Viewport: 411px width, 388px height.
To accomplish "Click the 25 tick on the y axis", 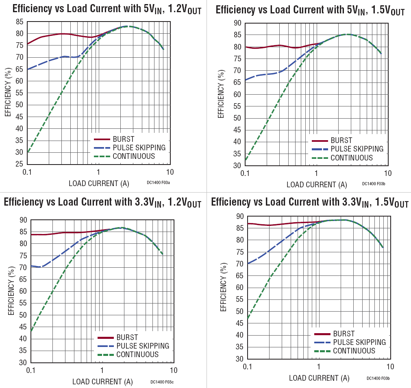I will [19, 164].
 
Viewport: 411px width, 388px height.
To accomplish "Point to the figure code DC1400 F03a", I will [158, 183].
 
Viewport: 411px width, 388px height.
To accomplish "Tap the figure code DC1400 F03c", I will [162, 382].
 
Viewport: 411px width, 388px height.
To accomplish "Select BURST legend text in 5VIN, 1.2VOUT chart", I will [123, 139].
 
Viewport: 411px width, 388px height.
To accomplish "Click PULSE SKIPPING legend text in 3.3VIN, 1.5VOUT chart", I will [359, 342].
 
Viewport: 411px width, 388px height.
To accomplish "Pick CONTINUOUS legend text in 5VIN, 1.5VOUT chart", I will [351, 158].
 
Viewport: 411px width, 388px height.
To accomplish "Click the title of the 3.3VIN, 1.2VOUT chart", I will [102, 203].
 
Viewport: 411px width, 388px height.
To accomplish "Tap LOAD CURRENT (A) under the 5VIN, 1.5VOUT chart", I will [317, 184].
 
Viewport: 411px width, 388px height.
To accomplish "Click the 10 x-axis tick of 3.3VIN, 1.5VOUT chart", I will [390, 367].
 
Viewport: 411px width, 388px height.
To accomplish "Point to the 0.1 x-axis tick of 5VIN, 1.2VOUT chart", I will [27, 172].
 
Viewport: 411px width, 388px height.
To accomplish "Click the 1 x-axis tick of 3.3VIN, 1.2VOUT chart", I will [102, 371].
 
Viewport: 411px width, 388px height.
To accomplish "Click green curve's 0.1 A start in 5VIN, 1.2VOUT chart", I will [27, 152].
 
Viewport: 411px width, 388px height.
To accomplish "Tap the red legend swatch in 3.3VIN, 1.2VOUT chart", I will [106, 338].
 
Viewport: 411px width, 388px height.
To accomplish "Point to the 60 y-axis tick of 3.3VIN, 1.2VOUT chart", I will [24, 291].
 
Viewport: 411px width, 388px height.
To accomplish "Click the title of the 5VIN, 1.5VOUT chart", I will [310, 10].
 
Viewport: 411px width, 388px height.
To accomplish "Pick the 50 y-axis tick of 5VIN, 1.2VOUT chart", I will [19, 105].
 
